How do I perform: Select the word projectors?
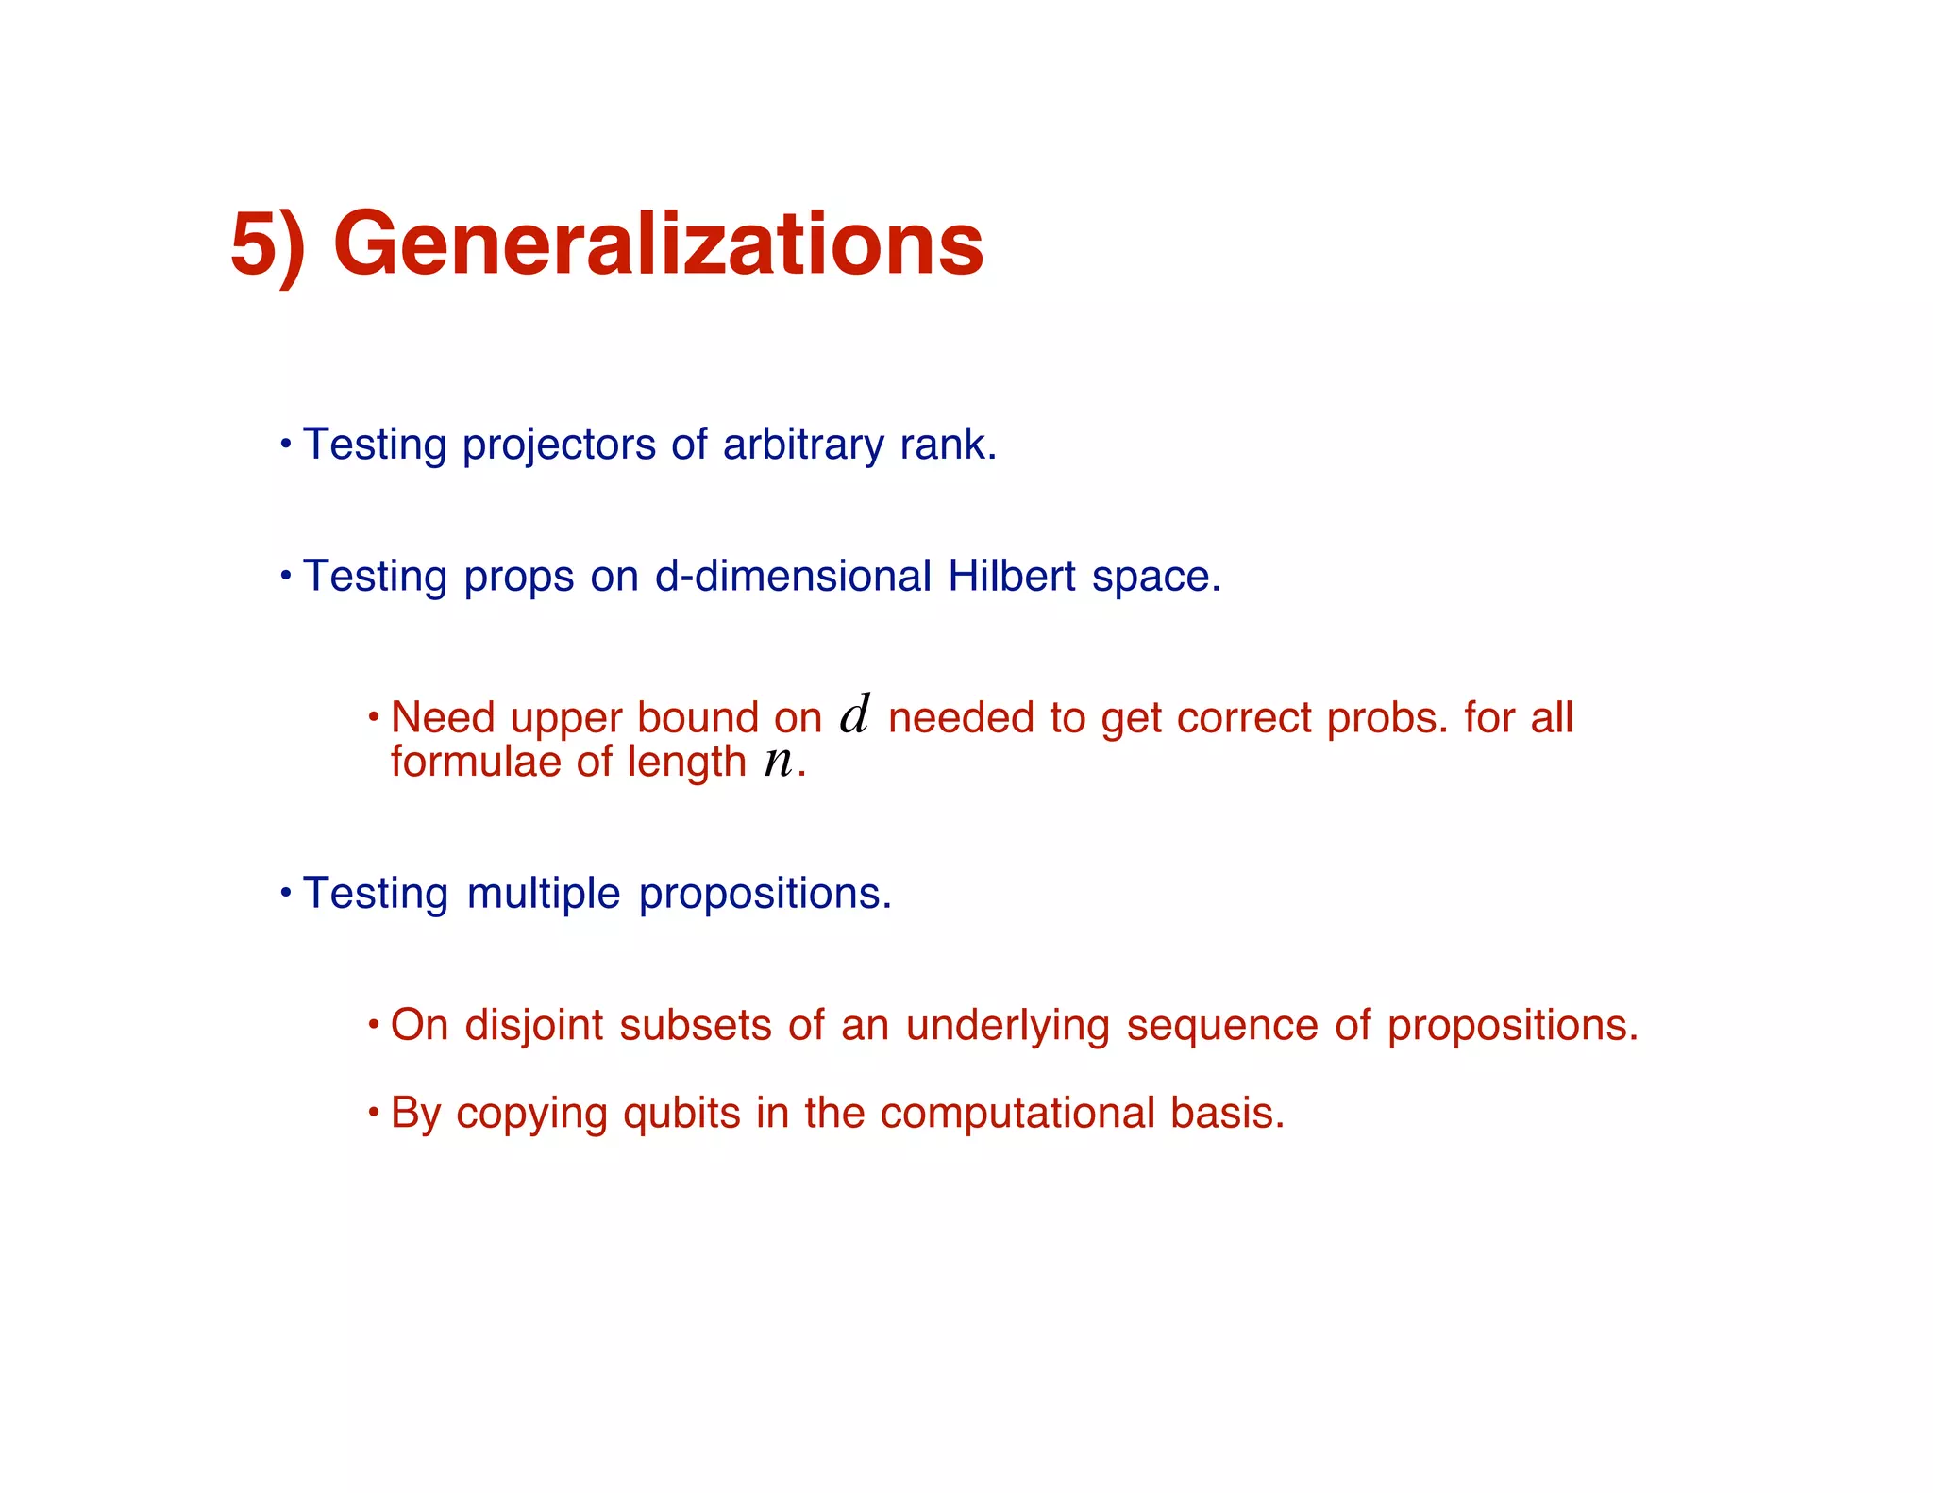pos(558,445)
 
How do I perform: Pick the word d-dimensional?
pos(793,576)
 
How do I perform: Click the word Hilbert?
pos(1012,576)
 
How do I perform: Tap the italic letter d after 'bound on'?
pos(854,714)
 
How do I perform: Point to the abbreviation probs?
pos(1387,718)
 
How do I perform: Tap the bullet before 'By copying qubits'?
pos(373,1112)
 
